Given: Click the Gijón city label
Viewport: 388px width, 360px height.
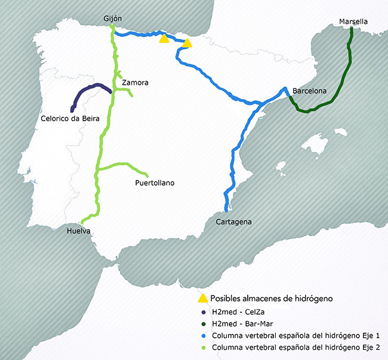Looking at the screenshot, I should tap(112, 19).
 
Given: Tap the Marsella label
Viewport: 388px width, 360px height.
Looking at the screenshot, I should tap(353, 22).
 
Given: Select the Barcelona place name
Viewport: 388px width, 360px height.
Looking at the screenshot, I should tap(309, 91).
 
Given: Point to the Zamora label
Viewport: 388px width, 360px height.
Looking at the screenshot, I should tap(134, 82).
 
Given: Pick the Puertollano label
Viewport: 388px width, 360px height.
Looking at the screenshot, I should tap(155, 183).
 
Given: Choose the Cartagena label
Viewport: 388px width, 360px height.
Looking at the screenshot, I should tap(233, 221).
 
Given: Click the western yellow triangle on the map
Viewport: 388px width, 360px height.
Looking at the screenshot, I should tap(164, 39).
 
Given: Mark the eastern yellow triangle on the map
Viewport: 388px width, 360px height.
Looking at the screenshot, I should tap(187, 43).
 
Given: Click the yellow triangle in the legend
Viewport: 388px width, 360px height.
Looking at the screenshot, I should tap(203, 298).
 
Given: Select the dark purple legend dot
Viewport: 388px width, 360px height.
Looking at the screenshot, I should tap(204, 312).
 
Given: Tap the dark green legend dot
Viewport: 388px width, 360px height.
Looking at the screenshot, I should tap(204, 323).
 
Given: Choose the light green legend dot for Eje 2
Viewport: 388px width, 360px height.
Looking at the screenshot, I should tap(204, 346).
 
